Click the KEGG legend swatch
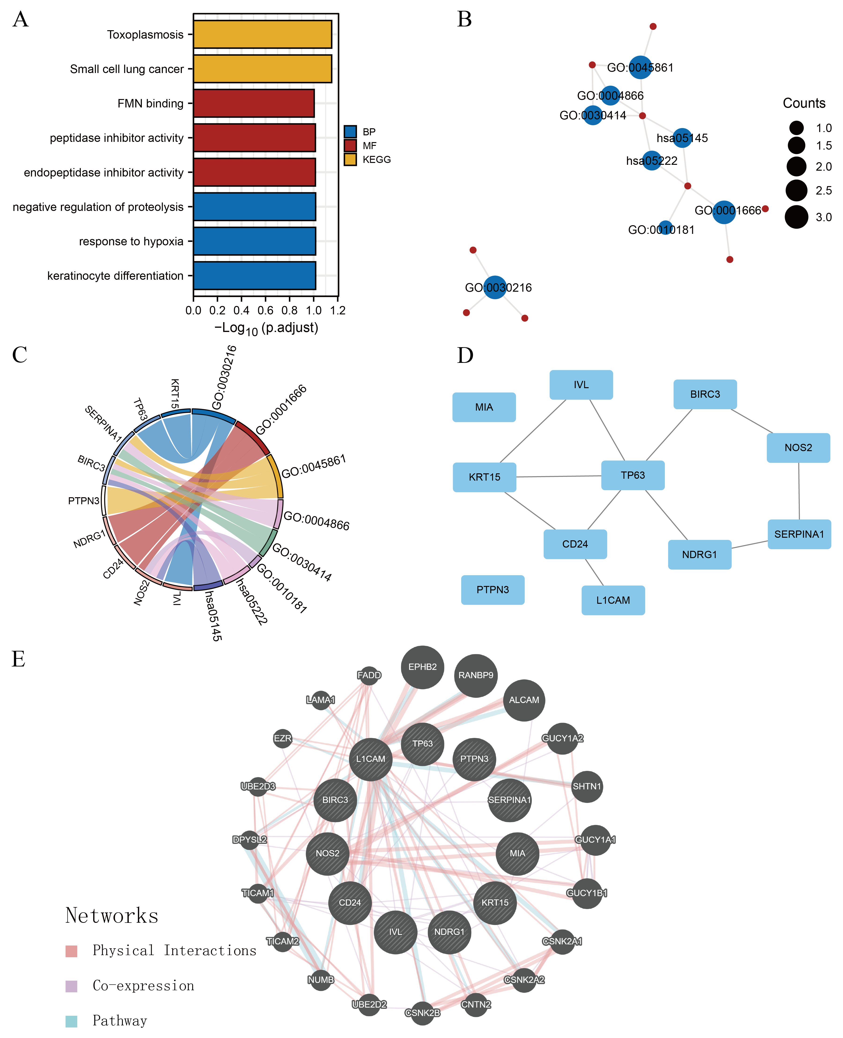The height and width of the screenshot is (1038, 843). [x=350, y=159]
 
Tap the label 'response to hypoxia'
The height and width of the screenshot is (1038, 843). [x=131, y=241]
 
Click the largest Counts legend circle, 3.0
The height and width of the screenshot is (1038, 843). [x=796, y=217]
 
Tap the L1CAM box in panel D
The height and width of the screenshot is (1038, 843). [x=613, y=600]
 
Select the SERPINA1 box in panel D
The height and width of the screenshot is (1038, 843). [x=799, y=534]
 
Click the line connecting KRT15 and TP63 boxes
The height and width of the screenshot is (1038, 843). [x=558, y=476]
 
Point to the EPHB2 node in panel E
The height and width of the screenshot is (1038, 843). [x=423, y=667]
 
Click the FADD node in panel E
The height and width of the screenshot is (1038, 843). [x=369, y=675]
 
